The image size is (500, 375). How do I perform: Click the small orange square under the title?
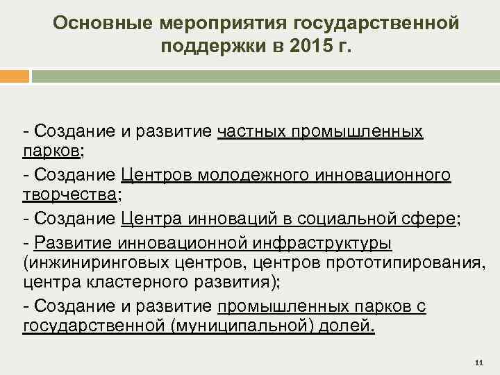point(15,76)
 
